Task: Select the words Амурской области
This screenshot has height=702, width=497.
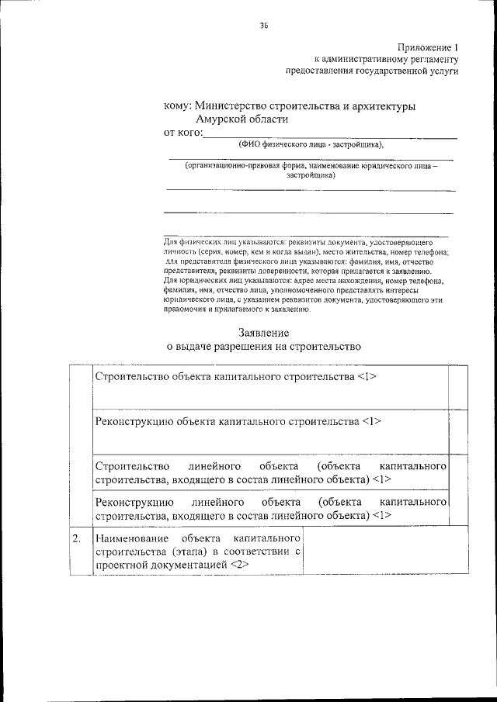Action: [x=242, y=119]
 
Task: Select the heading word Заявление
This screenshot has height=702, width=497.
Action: [x=265, y=333]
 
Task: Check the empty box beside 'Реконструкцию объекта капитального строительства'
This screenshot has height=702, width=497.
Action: [x=458, y=431]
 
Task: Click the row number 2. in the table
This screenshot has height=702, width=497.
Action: [x=77, y=538]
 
